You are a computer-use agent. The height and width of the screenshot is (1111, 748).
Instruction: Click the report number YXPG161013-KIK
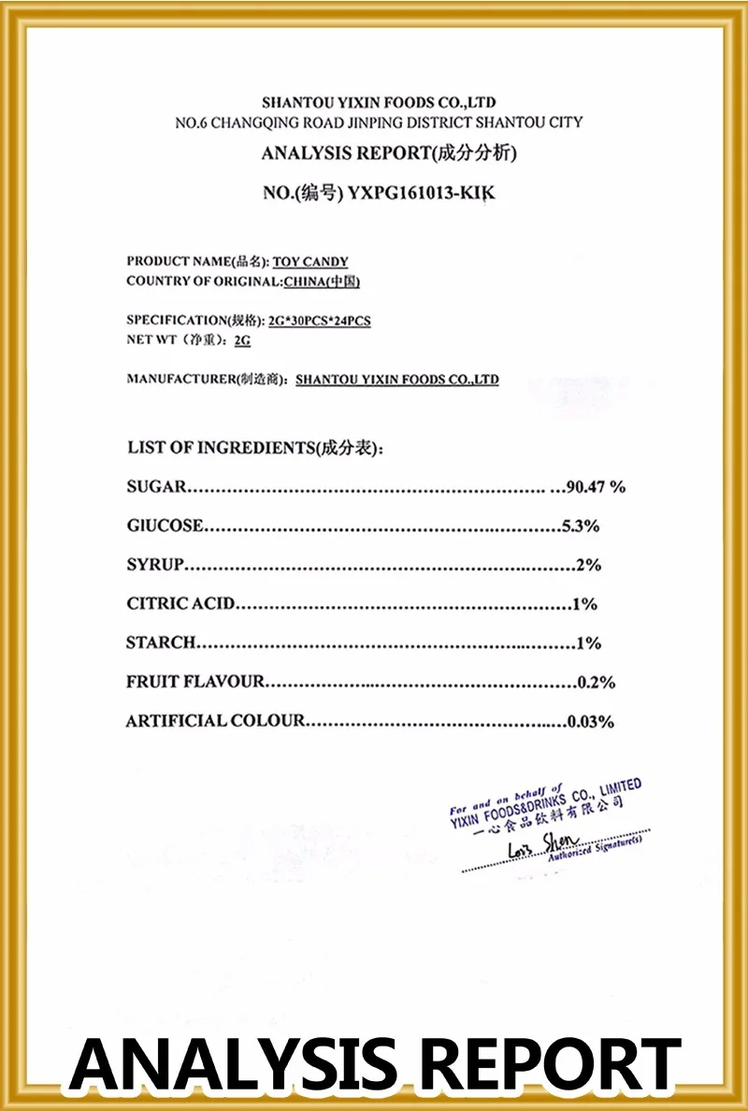click(420, 194)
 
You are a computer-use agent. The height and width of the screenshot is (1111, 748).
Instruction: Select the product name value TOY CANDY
click(309, 262)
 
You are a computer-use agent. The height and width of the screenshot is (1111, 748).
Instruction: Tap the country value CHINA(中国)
click(322, 281)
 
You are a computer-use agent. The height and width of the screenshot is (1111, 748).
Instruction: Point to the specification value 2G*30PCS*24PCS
click(319, 321)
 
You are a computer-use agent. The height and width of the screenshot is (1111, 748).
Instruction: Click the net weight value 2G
click(242, 341)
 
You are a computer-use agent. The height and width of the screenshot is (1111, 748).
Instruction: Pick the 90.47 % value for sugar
click(595, 486)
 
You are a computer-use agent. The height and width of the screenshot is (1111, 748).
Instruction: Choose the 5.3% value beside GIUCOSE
click(580, 526)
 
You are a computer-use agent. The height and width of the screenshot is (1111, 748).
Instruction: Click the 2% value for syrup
click(588, 565)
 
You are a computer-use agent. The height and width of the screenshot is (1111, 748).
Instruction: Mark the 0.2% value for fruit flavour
click(596, 682)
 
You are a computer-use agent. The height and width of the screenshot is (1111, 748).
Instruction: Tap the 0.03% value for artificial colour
click(591, 721)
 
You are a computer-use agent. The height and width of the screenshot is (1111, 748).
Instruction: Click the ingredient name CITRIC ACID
click(180, 604)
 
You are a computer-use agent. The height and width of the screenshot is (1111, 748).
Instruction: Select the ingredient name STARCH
click(161, 642)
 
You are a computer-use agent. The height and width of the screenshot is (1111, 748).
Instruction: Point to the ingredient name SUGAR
click(156, 486)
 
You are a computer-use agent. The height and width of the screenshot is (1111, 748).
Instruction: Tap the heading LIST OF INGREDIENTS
click(254, 448)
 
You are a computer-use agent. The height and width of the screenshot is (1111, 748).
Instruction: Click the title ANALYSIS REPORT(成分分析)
click(388, 153)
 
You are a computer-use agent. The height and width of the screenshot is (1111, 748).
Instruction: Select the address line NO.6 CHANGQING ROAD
click(379, 123)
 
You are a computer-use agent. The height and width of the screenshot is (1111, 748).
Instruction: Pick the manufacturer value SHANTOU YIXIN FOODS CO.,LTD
click(396, 380)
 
